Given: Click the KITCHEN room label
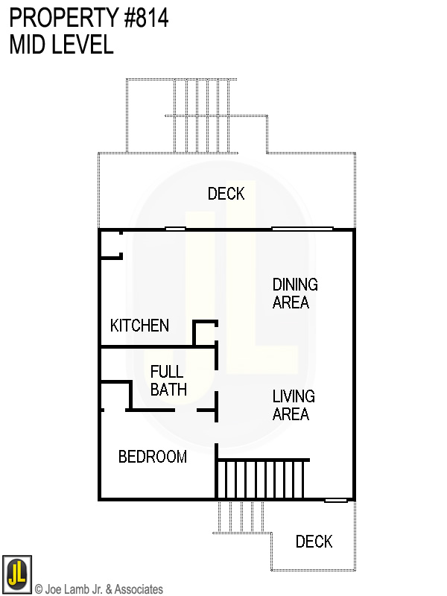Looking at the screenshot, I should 139,326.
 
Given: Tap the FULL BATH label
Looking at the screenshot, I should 168,380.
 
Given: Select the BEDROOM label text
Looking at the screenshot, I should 153,457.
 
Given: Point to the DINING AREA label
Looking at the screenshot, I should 295,294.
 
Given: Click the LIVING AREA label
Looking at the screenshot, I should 294,405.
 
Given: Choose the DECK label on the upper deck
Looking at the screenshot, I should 226,194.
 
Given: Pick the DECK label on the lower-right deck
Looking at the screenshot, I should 314,542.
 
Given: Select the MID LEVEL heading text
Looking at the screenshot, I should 62,45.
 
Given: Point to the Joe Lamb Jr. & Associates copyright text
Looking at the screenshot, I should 99,589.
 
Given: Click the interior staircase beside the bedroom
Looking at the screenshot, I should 261,480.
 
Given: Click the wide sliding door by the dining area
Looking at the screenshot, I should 302,228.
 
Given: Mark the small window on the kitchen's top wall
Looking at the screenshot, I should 175,228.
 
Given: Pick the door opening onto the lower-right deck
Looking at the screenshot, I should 336,500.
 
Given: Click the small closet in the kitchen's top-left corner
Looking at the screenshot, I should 110,244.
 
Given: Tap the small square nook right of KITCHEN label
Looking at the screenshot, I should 205,334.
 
